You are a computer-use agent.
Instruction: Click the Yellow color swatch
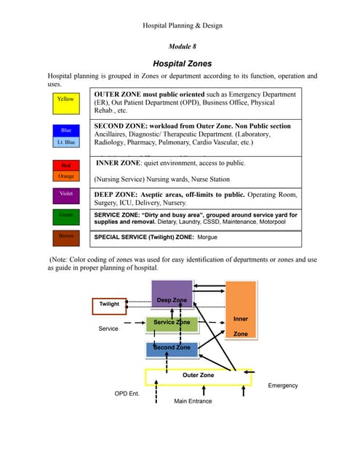(65, 103)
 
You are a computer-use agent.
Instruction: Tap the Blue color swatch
(65, 130)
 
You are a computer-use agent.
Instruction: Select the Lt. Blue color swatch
(65, 142)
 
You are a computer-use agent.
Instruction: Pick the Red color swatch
(65, 166)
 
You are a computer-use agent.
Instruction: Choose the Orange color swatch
(65, 176)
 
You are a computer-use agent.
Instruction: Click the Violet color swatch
(65, 195)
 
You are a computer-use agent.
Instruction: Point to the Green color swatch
(65, 216)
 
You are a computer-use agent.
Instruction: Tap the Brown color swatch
(65, 236)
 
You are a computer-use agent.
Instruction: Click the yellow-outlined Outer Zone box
(198, 376)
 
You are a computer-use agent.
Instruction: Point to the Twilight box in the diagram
(110, 305)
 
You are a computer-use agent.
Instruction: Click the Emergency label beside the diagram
(283, 385)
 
